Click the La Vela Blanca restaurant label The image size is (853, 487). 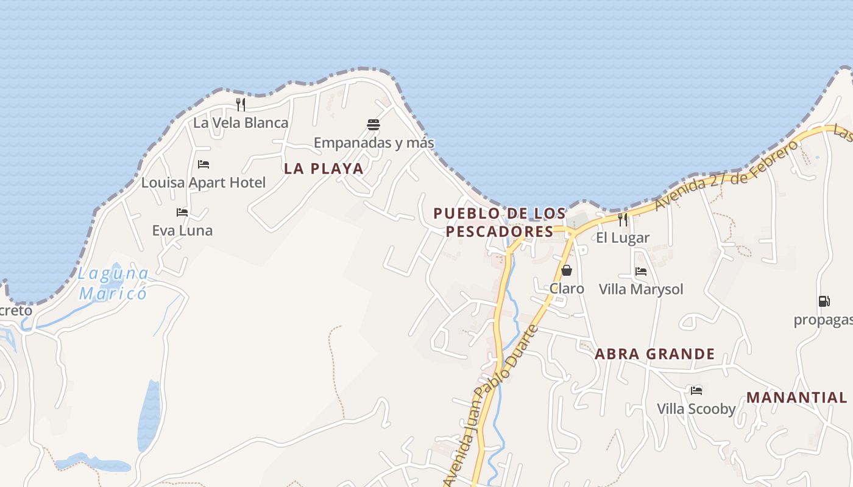coord(241,123)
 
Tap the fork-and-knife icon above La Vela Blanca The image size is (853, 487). coord(241,105)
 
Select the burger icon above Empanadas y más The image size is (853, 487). coord(373,125)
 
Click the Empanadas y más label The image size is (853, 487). coord(373,143)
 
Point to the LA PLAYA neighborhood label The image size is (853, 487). coord(324,169)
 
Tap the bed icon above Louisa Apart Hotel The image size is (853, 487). coord(204,164)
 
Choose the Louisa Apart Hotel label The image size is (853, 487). coord(204,183)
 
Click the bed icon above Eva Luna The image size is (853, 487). coord(182,212)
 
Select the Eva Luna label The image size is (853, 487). coord(182,231)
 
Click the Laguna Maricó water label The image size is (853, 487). coord(113,283)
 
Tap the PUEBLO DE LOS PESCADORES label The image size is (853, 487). coord(500,223)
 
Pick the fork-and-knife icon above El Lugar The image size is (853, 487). coord(623,220)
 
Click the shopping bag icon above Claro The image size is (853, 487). coord(567,270)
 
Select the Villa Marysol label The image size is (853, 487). coord(641,289)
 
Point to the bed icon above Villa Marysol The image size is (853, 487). coord(641,272)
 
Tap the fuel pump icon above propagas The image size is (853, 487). coord(824,301)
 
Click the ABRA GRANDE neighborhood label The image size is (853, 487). coord(654,354)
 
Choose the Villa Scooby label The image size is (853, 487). coord(696,409)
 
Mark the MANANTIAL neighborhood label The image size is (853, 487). coord(796,398)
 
